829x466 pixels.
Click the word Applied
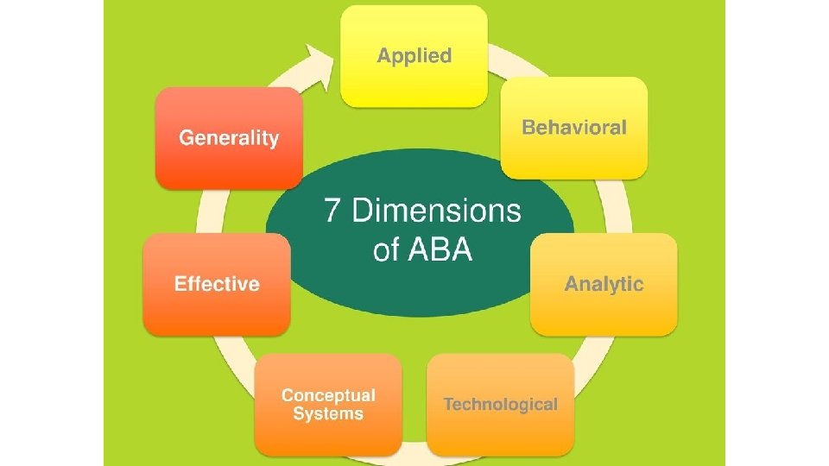(414, 56)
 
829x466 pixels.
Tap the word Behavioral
(574, 128)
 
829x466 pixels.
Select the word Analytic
(604, 284)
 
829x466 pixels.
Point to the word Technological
(500, 404)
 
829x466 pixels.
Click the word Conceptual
(328, 395)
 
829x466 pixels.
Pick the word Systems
(328, 414)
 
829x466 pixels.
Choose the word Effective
(217, 284)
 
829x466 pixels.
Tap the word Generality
(229, 138)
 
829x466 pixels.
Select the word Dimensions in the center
(437, 211)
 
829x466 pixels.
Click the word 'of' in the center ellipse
(386, 250)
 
